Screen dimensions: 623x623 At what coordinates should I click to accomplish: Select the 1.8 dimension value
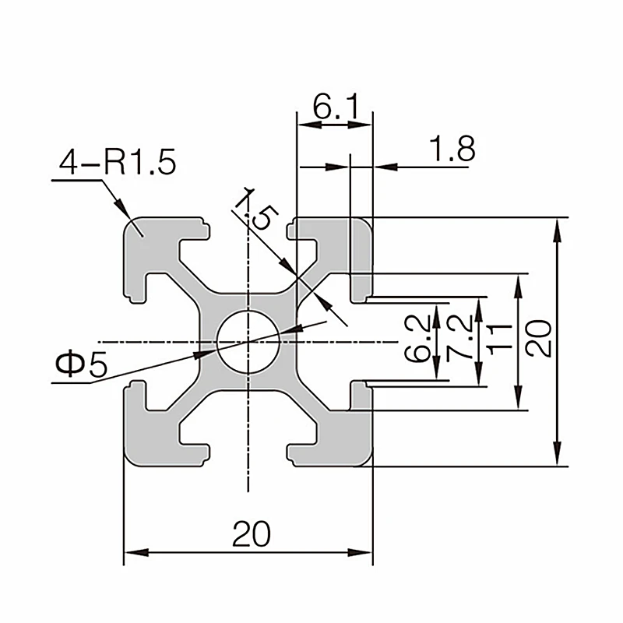(x=451, y=148)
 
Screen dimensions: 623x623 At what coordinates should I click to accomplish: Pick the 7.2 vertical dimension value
(x=462, y=338)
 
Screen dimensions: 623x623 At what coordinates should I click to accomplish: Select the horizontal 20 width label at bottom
(x=251, y=534)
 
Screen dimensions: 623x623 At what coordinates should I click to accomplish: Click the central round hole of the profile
(x=248, y=342)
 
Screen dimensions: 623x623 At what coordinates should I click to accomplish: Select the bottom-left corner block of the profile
(x=148, y=440)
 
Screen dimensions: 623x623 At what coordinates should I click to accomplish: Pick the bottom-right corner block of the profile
(x=350, y=440)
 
